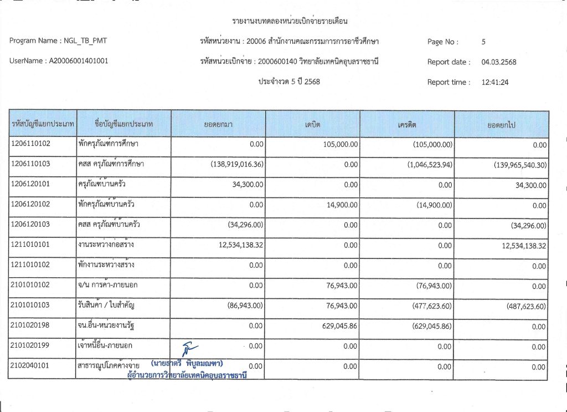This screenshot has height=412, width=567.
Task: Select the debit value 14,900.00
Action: pyautogui.click(x=343, y=205)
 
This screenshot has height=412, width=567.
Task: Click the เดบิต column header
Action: pyautogui.click(x=313, y=125)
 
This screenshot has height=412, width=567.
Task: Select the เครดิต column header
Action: pyautogui.click(x=407, y=125)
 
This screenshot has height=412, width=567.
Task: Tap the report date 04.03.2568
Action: pyautogui.click(x=499, y=62)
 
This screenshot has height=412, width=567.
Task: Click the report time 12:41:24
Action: pyautogui.click(x=496, y=82)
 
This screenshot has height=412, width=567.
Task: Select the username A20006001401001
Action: pyautogui.click(x=76, y=61)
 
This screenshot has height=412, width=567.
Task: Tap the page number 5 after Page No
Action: pyautogui.click(x=484, y=42)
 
